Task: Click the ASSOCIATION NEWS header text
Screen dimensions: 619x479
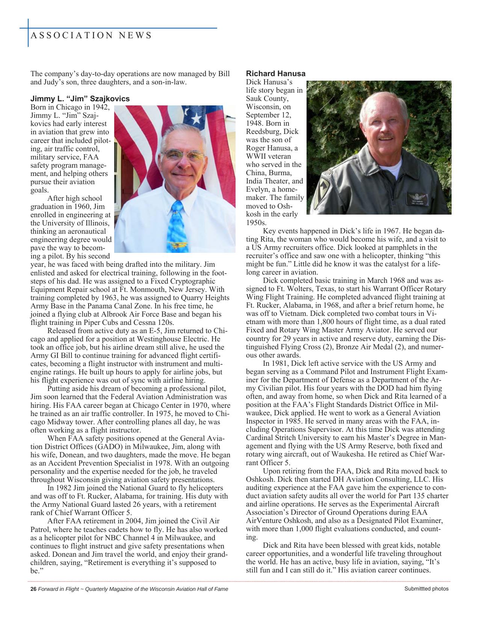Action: pyautogui.click(x=91, y=36)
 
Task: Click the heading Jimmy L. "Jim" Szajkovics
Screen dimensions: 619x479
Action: pyautogui.click(x=80, y=99)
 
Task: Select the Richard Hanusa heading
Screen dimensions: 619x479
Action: pyautogui.click(x=275, y=74)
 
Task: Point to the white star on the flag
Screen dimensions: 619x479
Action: pyautogui.click(x=196, y=119)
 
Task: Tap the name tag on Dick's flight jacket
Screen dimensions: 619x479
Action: pyautogui.click(x=417, y=198)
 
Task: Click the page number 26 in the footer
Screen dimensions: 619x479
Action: pyautogui.click(x=33, y=589)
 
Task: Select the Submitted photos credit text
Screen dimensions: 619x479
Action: pyautogui.click(x=426, y=589)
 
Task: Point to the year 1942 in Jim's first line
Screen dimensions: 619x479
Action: pyautogui.click(x=101, y=107)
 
